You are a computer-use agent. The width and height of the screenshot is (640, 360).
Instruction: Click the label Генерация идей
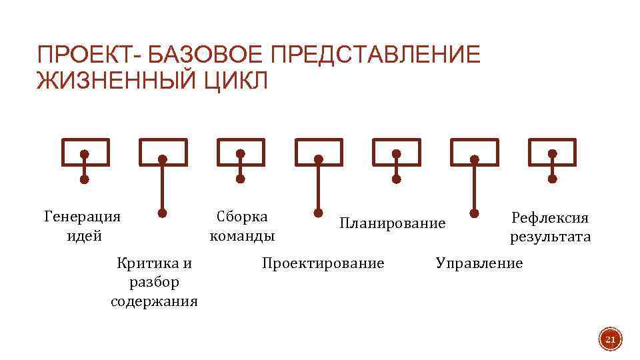coord(83,226)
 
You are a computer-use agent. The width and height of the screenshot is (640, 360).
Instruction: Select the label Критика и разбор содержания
coord(154,281)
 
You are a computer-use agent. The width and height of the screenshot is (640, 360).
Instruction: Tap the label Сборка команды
coord(242,226)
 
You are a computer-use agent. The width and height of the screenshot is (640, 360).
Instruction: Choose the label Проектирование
coord(323,263)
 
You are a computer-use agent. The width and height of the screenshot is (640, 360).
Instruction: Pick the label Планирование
coord(392,223)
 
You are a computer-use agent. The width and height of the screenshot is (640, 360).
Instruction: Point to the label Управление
coord(479,263)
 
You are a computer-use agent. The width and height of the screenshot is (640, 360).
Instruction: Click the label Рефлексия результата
coord(551,227)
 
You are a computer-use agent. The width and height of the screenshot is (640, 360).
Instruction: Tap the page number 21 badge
coord(609,341)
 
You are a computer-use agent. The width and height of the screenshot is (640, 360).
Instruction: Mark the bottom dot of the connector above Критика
coord(162,214)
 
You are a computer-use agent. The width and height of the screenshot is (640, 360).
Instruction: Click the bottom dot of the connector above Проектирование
coord(318,214)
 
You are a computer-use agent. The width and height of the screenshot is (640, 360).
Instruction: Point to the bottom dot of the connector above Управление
coord(474,214)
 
